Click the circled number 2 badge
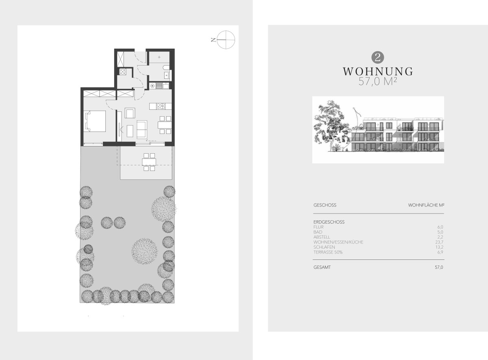coord(378,58)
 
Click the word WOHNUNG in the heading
coord(378,72)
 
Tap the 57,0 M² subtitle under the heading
coord(378,82)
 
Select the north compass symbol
coord(226,40)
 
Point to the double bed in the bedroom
coord(95,121)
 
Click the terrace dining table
coord(149,162)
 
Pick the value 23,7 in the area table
coord(439,242)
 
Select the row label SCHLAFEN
coord(324,247)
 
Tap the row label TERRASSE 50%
coord(328,252)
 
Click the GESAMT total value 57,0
coord(439,267)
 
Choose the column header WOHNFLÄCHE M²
coord(426,205)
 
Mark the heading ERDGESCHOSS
coord(329,222)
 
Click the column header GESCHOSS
coord(325,205)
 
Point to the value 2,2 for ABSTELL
coord(440,237)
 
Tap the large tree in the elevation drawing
coord(330,126)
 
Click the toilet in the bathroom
coord(167,67)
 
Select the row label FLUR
coord(318,227)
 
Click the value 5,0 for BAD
coord(440,232)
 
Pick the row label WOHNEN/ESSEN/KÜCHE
coord(338,242)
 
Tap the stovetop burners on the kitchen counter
coord(161,106)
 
